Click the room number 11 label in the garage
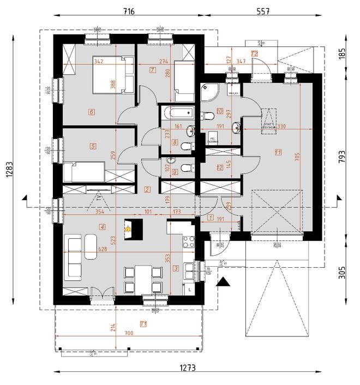click(x=278, y=152)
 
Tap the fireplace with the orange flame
click(x=129, y=229)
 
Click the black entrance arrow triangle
click(x=222, y=282)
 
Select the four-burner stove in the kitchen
click(x=189, y=240)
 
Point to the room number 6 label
click(x=92, y=112)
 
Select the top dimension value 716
click(x=129, y=11)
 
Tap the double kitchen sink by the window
click(x=189, y=270)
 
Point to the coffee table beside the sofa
click(x=91, y=247)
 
